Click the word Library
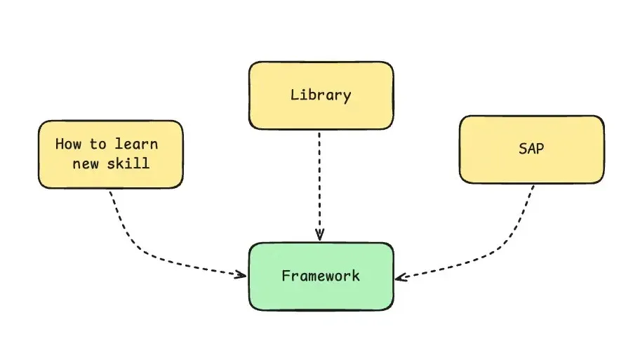321,95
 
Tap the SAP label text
531,149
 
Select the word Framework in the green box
321,276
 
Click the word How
68,145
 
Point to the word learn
137,145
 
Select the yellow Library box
321,112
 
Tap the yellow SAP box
531,168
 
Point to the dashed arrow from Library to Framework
319,182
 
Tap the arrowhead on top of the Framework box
319,236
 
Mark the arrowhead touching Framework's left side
241,274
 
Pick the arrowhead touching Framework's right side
399,277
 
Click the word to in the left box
98,145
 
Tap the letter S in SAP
521,149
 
